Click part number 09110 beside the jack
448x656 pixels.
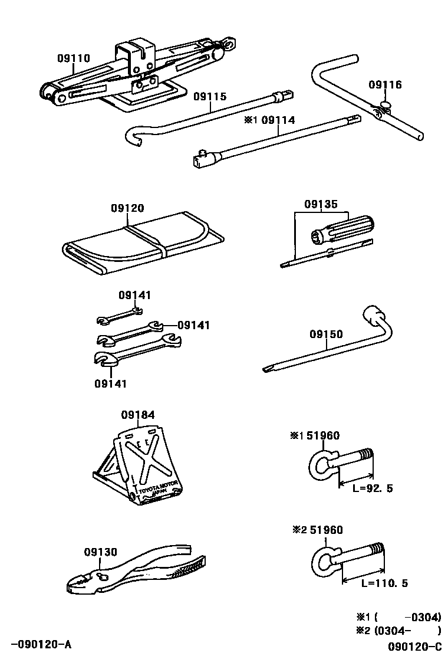pos(74,58)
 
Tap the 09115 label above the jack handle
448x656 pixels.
pos(210,96)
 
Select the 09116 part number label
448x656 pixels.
pos(385,85)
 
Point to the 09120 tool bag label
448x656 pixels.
pos(127,208)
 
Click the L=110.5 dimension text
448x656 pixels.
pos(384,583)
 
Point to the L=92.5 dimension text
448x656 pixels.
pos(373,489)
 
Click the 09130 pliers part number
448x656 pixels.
pos(100,552)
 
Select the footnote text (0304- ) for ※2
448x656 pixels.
pos(407,629)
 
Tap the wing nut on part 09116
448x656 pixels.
pos(386,106)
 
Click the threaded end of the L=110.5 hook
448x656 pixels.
pos(377,550)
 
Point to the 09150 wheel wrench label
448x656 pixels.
pos(326,334)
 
